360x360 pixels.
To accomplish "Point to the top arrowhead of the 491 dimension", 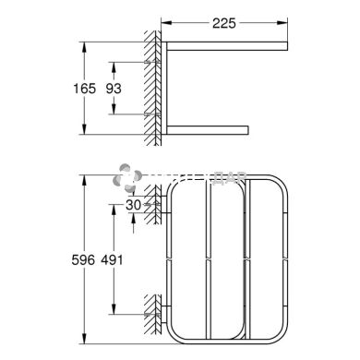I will [x=114, y=209].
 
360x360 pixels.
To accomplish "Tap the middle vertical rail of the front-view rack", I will [x=206, y=260].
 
